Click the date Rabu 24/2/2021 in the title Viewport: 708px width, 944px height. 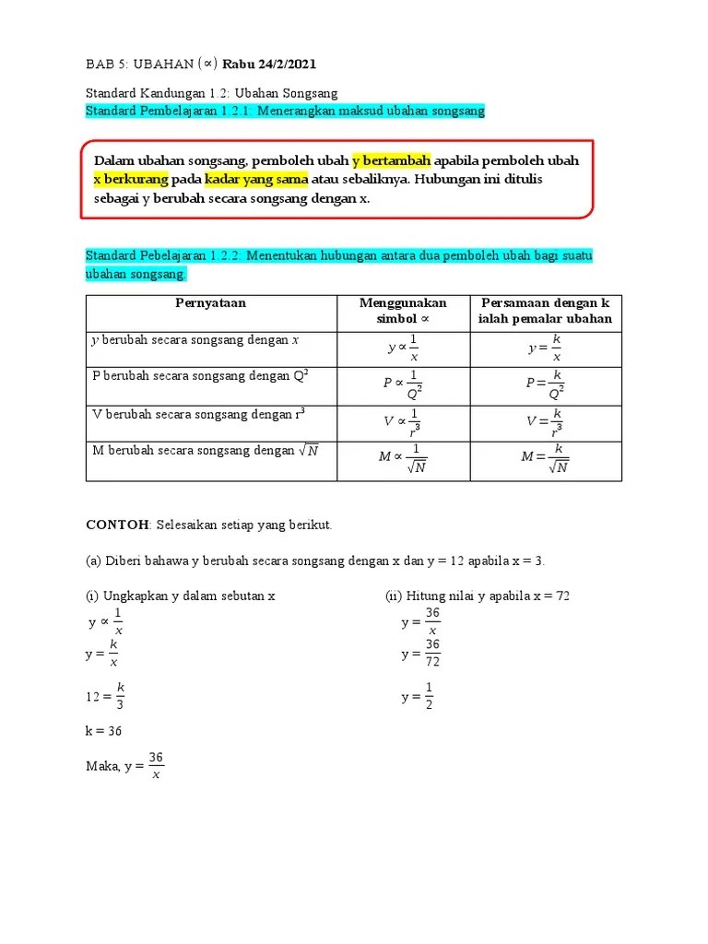pyautogui.click(x=269, y=65)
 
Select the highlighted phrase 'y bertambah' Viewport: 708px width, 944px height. pyautogui.click(x=392, y=160)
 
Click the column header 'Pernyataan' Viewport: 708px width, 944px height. pyautogui.click(x=210, y=303)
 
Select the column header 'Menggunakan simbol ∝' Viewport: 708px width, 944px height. pyautogui.click(x=403, y=312)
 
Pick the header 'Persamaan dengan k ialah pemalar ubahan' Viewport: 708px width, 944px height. pyautogui.click(x=546, y=312)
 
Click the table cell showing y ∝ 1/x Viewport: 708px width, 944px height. pyautogui.click(x=403, y=349)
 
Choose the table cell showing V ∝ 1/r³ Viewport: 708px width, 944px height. pyautogui.click(x=403, y=421)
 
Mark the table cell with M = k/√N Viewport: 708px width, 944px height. pyautogui.click(x=546, y=457)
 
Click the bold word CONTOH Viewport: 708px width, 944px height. pyautogui.click(x=117, y=525)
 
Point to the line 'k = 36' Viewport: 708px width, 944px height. pyautogui.click(x=103, y=731)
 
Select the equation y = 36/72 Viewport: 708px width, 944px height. pyautogui.click(x=420, y=653)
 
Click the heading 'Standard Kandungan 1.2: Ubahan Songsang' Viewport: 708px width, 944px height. pyautogui.click(x=212, y=93)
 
